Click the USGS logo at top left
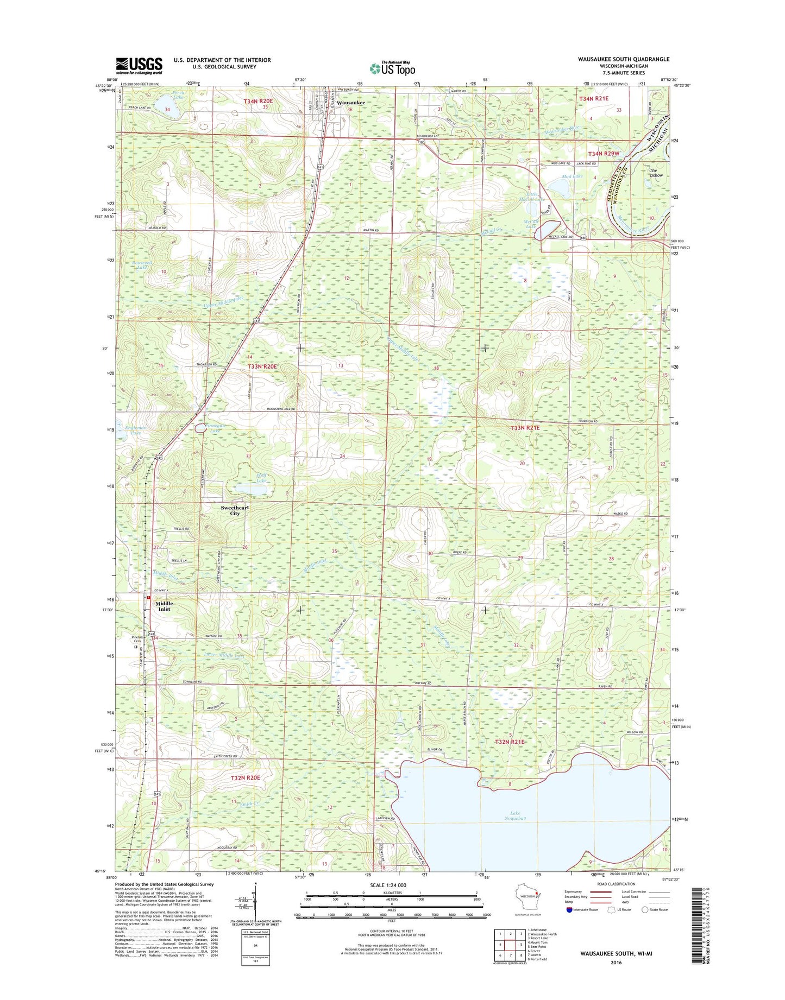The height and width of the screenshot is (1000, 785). [x=139, y=66]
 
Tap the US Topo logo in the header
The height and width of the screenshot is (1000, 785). [x=392, y=68]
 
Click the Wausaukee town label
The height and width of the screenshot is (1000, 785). [x=350, y=103]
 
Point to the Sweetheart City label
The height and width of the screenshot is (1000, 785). [x=235, y=510]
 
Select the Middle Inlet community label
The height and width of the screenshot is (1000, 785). [x=164, y=606]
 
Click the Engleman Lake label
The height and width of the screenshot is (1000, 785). [x=136, y=431]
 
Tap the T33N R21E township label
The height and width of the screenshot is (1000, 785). [x=525, y=428]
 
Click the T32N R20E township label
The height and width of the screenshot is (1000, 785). [x=246, y=777]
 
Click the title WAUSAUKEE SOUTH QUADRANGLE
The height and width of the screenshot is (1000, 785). [x=624, y=59]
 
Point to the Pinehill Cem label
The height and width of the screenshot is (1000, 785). [x=137, y=639]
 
